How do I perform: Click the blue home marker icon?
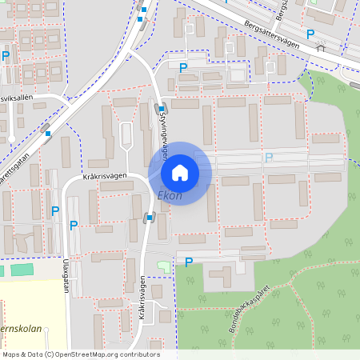tap(180, 173)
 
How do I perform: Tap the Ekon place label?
tap(170, 195)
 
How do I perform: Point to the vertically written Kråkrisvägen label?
tap(142, 297)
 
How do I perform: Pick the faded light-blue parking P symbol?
tap(269, 158)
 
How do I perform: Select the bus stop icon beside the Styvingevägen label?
tap(161, 109)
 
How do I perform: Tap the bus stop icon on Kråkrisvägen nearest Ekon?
tap(149, 217)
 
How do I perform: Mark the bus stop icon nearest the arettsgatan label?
tap(49, 134)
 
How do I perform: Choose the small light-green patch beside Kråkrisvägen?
tap(164, 265)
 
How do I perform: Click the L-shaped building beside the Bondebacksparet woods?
tap(218, 277)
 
